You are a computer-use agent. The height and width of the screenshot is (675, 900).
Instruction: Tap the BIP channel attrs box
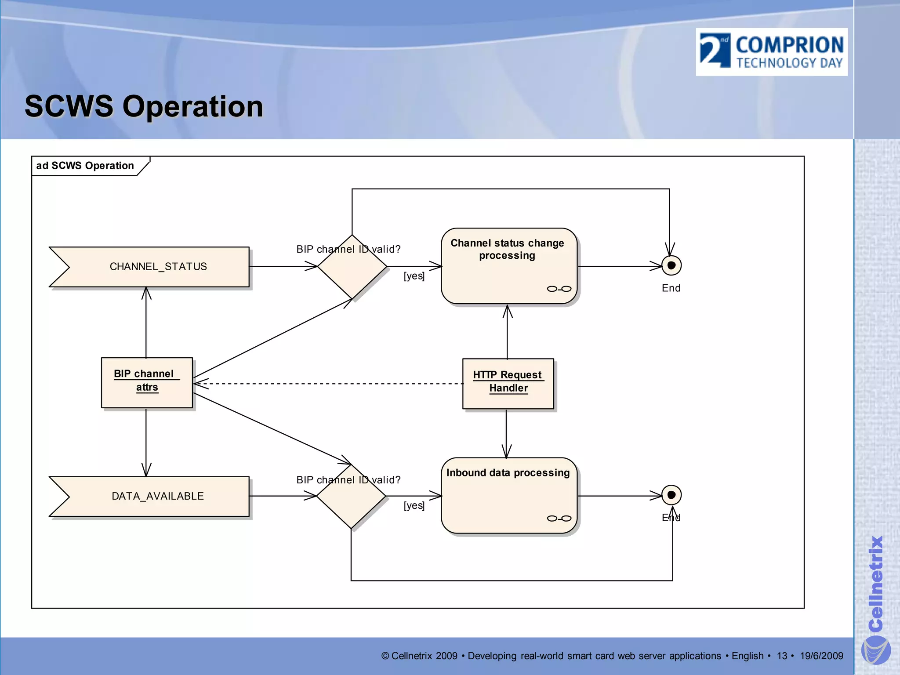point(147,382)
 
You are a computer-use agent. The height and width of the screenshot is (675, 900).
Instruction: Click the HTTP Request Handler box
point(508,383)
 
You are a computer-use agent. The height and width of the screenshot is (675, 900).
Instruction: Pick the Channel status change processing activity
point(509,266)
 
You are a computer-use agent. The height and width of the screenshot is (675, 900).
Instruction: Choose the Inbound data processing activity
point(509,496)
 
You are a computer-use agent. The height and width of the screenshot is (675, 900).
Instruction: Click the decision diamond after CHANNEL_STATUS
point(352,267)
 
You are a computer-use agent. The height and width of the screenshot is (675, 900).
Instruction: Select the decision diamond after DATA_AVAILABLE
point(351,497)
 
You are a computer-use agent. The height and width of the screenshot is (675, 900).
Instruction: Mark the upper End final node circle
point(671,265)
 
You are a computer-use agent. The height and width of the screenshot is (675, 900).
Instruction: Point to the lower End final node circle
point(671,495)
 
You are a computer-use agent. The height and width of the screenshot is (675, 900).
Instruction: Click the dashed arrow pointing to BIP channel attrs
point(330,384)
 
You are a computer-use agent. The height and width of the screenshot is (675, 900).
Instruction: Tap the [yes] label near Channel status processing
point(414,276)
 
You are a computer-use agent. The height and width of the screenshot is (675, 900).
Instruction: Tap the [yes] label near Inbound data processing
point(414,505)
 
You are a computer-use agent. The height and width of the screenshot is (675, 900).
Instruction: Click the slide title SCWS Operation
point(144,106)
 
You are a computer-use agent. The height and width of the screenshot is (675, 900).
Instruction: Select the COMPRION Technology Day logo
point(772,52)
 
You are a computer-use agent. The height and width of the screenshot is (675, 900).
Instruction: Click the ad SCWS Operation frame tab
point(85,166)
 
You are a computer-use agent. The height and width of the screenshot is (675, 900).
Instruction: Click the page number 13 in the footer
point(782,656)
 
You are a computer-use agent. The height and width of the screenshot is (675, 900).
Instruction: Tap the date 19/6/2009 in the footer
point(821,656)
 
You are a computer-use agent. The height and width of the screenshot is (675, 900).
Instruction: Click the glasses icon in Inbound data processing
point(559,519)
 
